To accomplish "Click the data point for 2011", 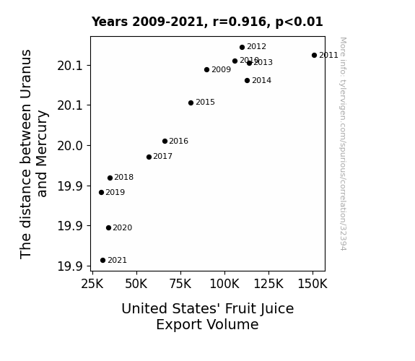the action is (314, 56).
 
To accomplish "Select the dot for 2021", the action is (103, 261).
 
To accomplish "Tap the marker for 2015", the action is (191, 103).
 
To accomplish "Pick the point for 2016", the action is (165, 142).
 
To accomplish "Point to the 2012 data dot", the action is (243, 48).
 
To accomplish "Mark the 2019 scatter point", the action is (101, 192).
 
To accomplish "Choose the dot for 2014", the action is (248, 81).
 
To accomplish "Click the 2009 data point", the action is (206, 69).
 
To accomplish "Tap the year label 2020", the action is (122, 227).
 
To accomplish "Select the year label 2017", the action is (163, 156).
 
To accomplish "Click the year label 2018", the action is (124, 177).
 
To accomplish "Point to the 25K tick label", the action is (92, 284).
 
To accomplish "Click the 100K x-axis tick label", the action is (224, 284).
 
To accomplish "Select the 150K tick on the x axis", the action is (313, 284).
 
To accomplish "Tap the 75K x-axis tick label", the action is (180, 284).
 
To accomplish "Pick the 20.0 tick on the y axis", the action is (70, 146).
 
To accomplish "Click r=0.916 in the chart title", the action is (240, 22).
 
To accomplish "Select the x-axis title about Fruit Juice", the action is (208, 316).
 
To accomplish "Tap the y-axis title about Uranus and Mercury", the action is (33, 154).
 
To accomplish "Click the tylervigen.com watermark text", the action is (343, 144).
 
